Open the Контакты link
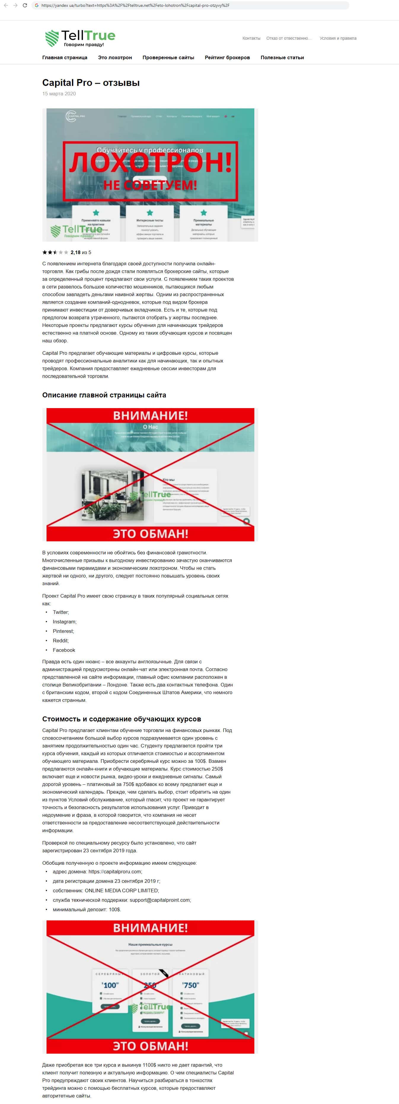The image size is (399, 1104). click(x=251, y=38)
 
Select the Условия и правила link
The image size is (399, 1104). click(x=338, y=38)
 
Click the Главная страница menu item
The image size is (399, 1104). click(x=65, y=57)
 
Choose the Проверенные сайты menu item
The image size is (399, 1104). click(x=168, y=57)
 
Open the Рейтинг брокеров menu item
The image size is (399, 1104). click(x=227, y=57)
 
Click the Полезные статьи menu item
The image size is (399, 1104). click(x=282, y=57)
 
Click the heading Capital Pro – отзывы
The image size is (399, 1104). click(x=91, y=83)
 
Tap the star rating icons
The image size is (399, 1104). click(x=55, y=252)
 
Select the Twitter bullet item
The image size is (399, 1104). click(x=60, y=612)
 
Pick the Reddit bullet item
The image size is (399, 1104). click(x=60, y=640)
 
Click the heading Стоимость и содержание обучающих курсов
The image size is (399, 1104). click(x=122, y=719)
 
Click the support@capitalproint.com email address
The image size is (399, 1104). click(x=160, y=900)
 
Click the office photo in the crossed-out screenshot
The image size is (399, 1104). click(x=112, y=495)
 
